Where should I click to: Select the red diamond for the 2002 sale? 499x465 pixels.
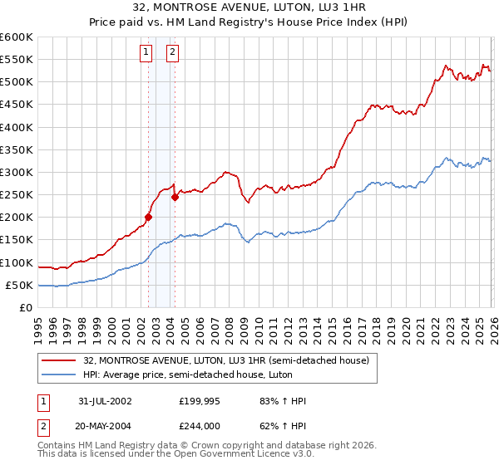pos(149,218)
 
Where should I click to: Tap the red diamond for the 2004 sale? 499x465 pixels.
pos(175,198)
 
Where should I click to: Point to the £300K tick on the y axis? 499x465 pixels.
pos(17,173)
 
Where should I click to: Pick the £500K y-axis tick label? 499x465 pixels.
pos(17,82)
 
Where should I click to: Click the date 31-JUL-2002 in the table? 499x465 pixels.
pos(104,401)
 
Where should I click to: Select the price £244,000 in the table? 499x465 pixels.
pos(199,426)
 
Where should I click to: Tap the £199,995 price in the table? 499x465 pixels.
pos(199,401)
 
